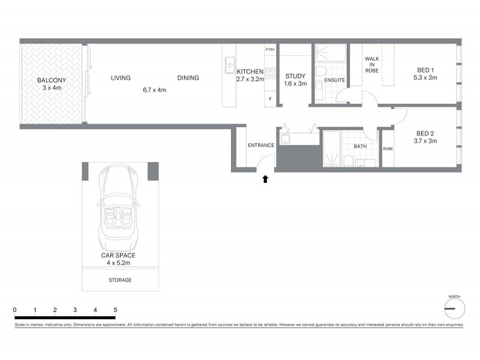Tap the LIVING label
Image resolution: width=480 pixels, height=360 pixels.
pos(121,78)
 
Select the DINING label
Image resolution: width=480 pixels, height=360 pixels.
pos(188,78)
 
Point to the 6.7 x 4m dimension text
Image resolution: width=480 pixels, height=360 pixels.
pos(154,90)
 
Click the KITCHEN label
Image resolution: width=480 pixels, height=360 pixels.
pos(250,71)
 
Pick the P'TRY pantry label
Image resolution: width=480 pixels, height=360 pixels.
pos(271,50)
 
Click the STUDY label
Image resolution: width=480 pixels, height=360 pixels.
pos(295,76)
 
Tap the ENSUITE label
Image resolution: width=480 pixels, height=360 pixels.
pos(334,80)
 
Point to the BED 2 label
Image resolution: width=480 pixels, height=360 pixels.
pos(425,133)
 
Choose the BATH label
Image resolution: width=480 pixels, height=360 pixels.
pos(360,146)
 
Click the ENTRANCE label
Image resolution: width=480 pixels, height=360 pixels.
pos(261,145)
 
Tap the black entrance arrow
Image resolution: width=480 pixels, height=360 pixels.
pos(265,178)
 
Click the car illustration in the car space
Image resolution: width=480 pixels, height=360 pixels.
pos(120,204)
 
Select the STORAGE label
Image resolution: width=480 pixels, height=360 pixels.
pos(120,280)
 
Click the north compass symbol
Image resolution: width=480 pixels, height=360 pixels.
pos(454,308)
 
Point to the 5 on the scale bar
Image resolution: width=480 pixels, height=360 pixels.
pos(115,310)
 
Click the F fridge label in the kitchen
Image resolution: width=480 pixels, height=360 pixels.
pos(271,98)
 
